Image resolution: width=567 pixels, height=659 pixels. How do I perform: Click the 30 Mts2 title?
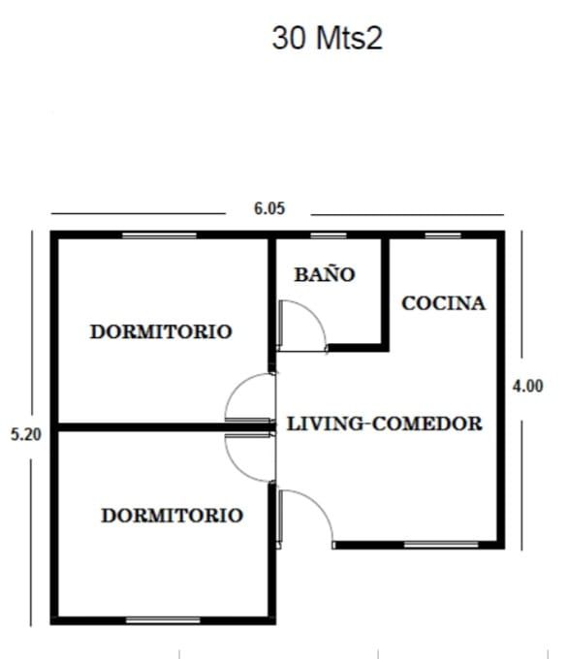pos(327,38)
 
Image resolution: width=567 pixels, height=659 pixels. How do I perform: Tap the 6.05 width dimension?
pos(269,208)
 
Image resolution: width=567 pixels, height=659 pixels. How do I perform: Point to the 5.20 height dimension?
pos(26,434)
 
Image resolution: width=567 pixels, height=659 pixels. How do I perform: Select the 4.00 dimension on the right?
pos(528,387)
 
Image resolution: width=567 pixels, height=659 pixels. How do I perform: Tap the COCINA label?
pos(444,303)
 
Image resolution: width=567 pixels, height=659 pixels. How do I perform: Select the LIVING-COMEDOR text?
pos(385,424)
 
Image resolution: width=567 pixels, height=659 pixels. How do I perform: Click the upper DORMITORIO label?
pos(161,331)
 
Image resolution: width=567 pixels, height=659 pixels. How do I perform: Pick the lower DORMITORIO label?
pos(173,516)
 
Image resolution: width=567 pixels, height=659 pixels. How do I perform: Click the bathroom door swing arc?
pos(314,313)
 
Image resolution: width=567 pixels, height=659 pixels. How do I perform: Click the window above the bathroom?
pos(329,235)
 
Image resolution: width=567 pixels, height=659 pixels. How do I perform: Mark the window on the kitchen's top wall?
pos(443,235)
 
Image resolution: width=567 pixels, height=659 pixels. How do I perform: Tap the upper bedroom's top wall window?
pos(159,235)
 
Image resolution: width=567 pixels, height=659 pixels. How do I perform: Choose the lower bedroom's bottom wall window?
pos(163,620)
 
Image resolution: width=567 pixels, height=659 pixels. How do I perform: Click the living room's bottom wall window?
pos(441,545)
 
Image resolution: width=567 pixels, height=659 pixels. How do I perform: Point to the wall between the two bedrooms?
pos(163,427)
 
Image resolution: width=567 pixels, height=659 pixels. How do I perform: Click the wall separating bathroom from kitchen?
pos(385,293)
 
